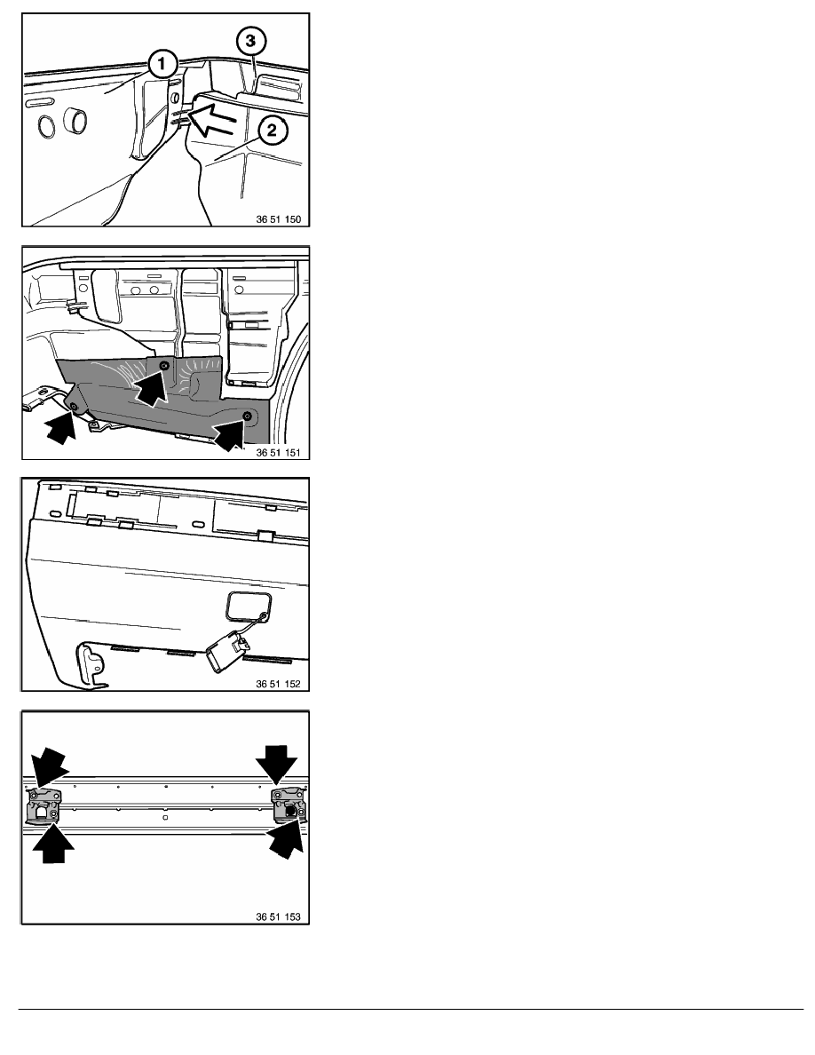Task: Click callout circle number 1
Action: (162, 65)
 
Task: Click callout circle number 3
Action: (250, 41)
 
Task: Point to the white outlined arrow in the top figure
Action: (213, 116)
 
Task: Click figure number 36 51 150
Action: (279, 218)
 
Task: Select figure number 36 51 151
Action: (279, 452)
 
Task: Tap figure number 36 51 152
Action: (279, 684)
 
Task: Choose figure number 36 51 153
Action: (279, 916)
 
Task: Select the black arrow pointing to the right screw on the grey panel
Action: (230, 434)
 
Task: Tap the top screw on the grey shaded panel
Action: (163, 365)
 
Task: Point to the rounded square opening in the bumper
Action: (248, 605)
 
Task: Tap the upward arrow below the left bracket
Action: (53, 844)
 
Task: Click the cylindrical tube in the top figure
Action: (75, 123)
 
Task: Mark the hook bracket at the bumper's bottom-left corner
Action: (90, 665)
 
